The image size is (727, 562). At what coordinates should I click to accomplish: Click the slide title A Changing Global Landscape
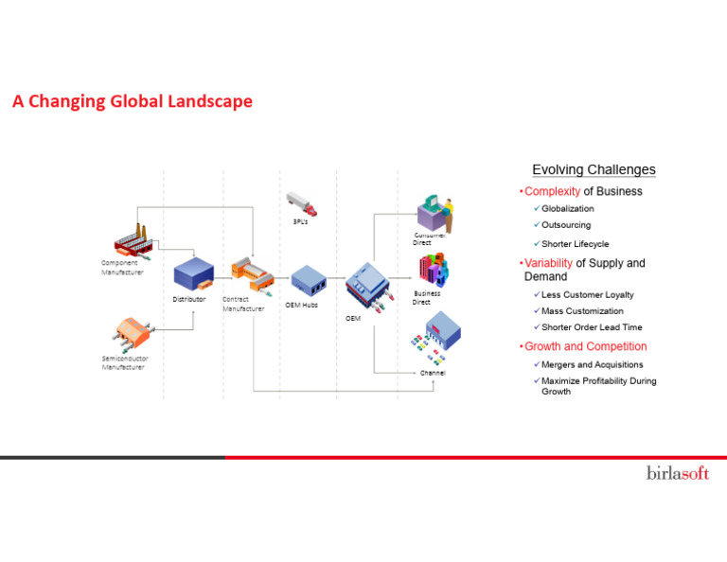[x=133, y=101]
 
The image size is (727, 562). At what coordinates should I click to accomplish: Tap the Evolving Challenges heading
[x=594, y=170]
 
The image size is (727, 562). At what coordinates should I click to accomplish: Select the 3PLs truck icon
[x=301, y=203]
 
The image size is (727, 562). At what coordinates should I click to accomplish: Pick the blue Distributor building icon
[x=192, y=275]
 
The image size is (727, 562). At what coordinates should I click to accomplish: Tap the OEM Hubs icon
[x=309, y=280]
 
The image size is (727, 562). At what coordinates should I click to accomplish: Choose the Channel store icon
[x=437, y=339]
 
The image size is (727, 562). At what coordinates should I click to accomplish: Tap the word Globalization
[x=568, y=208]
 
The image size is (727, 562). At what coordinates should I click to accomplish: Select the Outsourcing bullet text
[x=566, y=225]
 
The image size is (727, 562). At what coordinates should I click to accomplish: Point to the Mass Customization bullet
[x=582, y=311]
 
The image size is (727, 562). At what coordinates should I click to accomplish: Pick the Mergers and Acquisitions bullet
[x=592, y=364]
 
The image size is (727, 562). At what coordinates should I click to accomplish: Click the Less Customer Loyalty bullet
[x=587, y=294]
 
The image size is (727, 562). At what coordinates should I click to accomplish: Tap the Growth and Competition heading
[x=585, y=346]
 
